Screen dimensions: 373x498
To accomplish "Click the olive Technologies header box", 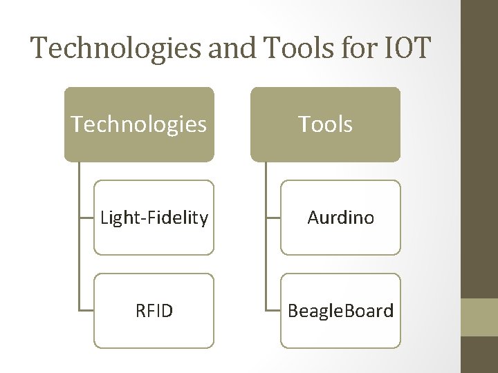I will [139, 124].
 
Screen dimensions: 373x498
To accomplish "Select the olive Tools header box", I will [325, 124].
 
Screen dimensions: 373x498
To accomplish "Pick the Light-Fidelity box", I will [154, 218].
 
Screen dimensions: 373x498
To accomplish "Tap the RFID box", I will [154, 311].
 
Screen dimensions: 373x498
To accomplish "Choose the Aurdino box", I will [340, 218].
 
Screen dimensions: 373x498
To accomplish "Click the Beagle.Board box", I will [340, 311].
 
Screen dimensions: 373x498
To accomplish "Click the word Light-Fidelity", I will [154, 218].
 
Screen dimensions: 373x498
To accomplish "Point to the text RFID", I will [154, 312].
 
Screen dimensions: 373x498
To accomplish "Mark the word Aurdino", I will [340, 218].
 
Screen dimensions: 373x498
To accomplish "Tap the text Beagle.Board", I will [340, 312].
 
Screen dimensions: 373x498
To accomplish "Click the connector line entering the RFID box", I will [86, 311].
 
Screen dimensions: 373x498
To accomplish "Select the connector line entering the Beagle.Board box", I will [273, 311].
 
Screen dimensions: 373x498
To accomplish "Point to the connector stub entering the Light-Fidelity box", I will [86, 218].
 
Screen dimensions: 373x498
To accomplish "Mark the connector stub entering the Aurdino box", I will [273, 218].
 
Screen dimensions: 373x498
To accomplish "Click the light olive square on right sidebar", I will [479, 317].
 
